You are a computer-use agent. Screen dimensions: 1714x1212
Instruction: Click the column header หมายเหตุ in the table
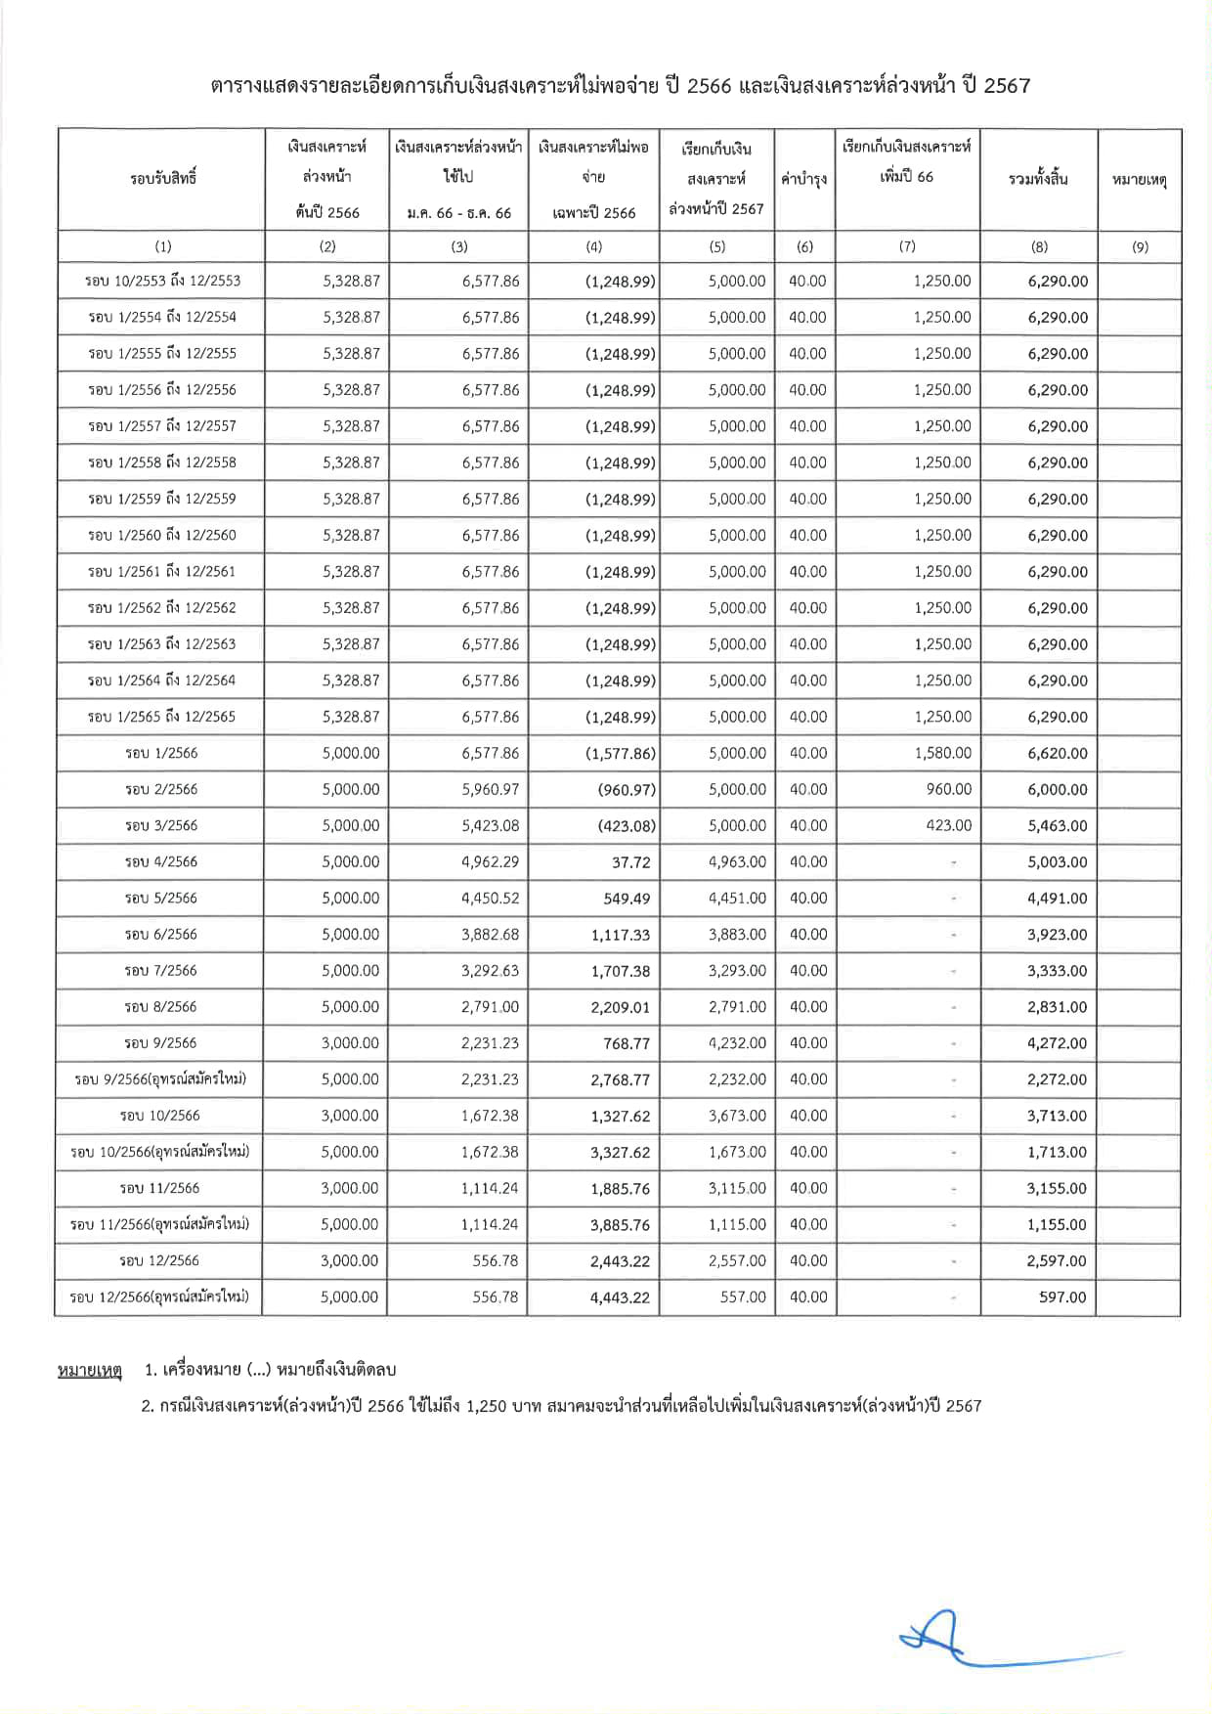pos(1139,180)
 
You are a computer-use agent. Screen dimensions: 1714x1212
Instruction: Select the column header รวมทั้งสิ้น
pos(1038,179)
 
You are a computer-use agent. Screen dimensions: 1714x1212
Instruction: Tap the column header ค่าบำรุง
pos(804,179)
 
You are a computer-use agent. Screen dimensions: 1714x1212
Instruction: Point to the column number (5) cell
pos(717,246)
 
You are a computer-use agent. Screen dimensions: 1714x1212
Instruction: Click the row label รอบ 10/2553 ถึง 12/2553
pos(162,281)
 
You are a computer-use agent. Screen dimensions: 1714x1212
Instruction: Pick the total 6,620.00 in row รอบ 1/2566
pos(1058,753)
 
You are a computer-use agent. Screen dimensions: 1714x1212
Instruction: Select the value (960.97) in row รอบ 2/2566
pos(627,790)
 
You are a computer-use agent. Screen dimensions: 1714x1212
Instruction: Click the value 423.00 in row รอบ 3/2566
pos(948,825)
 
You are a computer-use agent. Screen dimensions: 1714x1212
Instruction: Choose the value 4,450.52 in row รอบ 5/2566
pos(490,898)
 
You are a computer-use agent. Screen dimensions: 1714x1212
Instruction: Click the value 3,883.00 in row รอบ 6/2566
pos(737,935)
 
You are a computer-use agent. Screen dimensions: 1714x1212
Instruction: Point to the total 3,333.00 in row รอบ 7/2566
pos(1057,971)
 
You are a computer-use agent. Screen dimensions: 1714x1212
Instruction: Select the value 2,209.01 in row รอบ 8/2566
pos(620,1007)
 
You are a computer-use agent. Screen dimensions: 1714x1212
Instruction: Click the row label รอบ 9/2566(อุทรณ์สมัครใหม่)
pos(160,1079)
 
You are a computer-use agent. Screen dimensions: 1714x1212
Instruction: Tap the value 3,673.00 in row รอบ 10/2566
pos(737,1116)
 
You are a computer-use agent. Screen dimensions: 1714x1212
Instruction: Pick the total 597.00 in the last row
pos(1062,1297)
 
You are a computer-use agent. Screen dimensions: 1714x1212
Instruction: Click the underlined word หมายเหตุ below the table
pos(90,1370)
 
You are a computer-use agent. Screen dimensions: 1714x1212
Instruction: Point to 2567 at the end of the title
pos(1007,86)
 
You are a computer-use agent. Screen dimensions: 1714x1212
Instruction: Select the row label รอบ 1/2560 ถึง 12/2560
pos(162,535)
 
